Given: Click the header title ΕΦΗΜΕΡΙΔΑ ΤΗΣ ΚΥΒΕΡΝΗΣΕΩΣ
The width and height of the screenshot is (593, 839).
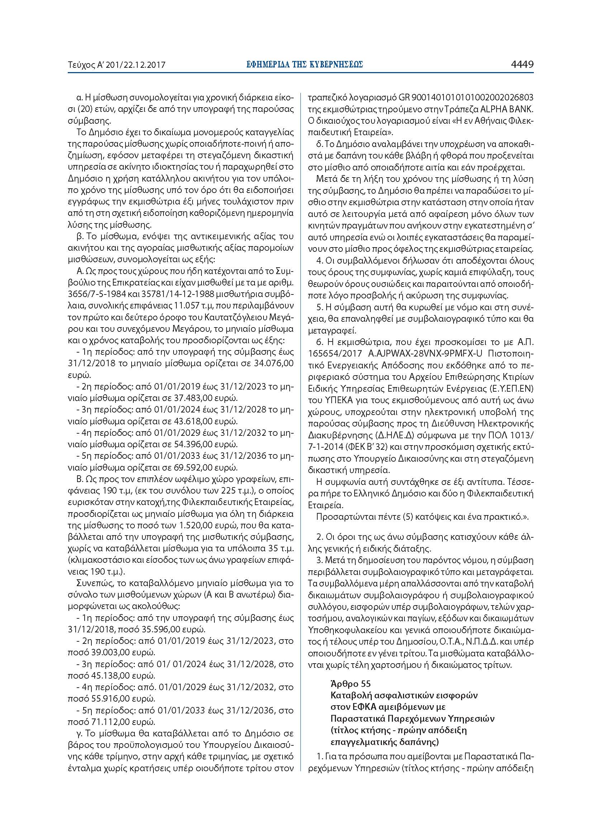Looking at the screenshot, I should tap(304, 65).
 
